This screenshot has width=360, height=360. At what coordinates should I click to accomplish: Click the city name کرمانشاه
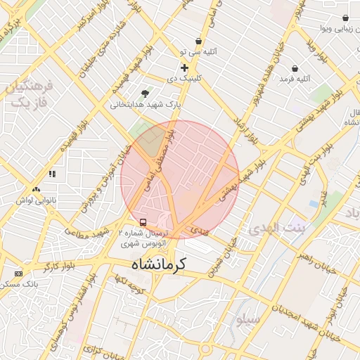point(158,264)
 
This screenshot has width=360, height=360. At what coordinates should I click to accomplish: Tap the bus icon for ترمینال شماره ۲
point(143,222)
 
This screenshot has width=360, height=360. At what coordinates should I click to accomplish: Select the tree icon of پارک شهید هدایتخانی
point(146,94)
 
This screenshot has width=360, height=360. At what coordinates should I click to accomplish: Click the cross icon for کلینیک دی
point(184,68)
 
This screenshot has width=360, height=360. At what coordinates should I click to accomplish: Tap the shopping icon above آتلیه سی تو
point(199,41)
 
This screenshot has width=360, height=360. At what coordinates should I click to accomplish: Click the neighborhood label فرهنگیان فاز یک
point(29,94)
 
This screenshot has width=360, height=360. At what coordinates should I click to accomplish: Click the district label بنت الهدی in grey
point(278,229)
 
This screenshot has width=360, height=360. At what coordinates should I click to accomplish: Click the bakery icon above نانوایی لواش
point(36,188)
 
